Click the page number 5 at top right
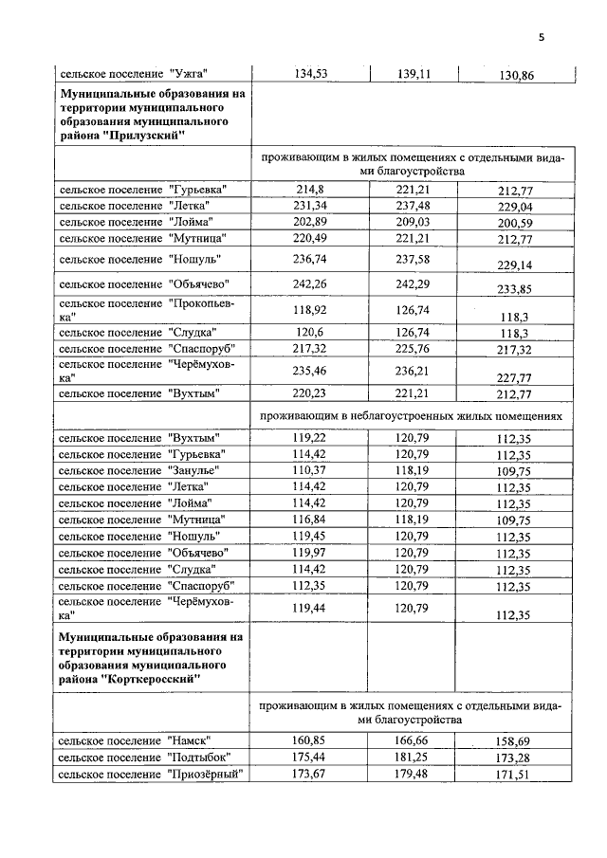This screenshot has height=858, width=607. pyautogui.click(x=542, y=38)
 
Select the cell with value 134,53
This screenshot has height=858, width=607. pyautogui.click(x=310, y=73)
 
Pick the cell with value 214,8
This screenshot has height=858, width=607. pyautogui.click(x=310, y=189)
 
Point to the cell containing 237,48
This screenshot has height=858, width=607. pyautogui.click(x=413, y=205)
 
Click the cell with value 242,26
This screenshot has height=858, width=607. pyautogui.click(x=310, y=283)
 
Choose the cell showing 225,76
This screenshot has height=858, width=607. pyautogui.click(x=413, y=348)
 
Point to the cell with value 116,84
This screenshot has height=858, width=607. pyautogui.click(x=310, y=519)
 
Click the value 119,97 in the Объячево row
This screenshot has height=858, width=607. pyautogui.click(x=310, y=551)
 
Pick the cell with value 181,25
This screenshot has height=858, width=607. pyautogui.click(x=413, y=756)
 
